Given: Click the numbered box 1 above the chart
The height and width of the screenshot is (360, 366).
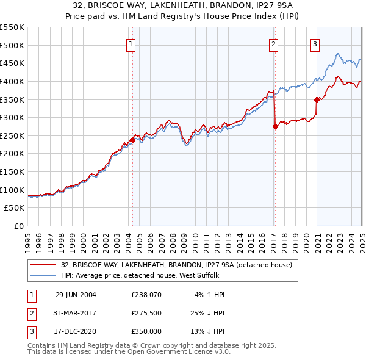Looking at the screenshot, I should [x=132, y=44].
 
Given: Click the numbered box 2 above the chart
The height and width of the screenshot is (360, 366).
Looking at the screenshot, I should [x=274, y=44].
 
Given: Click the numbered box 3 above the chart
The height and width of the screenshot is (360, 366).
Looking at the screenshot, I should [x=315, y=44].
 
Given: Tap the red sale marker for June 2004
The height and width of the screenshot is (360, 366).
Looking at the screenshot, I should [x=132, y=140].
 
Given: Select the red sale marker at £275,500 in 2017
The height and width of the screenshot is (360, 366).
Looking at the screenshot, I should [x=275, y=126].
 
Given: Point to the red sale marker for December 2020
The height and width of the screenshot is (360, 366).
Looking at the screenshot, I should [x=317, y=99].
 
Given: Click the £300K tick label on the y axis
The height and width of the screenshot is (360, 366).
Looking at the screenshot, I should [x=12, y=117].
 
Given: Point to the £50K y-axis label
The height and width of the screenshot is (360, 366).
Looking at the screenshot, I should [x=14, y=208].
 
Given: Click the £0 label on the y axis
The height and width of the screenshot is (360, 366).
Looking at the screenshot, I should [x=18, y=226].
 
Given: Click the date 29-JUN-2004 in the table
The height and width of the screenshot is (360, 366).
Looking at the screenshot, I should [x=76, y=295].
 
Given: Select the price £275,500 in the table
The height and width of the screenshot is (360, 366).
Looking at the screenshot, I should [x=145, y=313].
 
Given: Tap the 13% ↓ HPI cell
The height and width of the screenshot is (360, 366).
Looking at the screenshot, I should [x=208, y=331].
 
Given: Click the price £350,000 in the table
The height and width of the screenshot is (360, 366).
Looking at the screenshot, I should [x=145, y=331].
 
